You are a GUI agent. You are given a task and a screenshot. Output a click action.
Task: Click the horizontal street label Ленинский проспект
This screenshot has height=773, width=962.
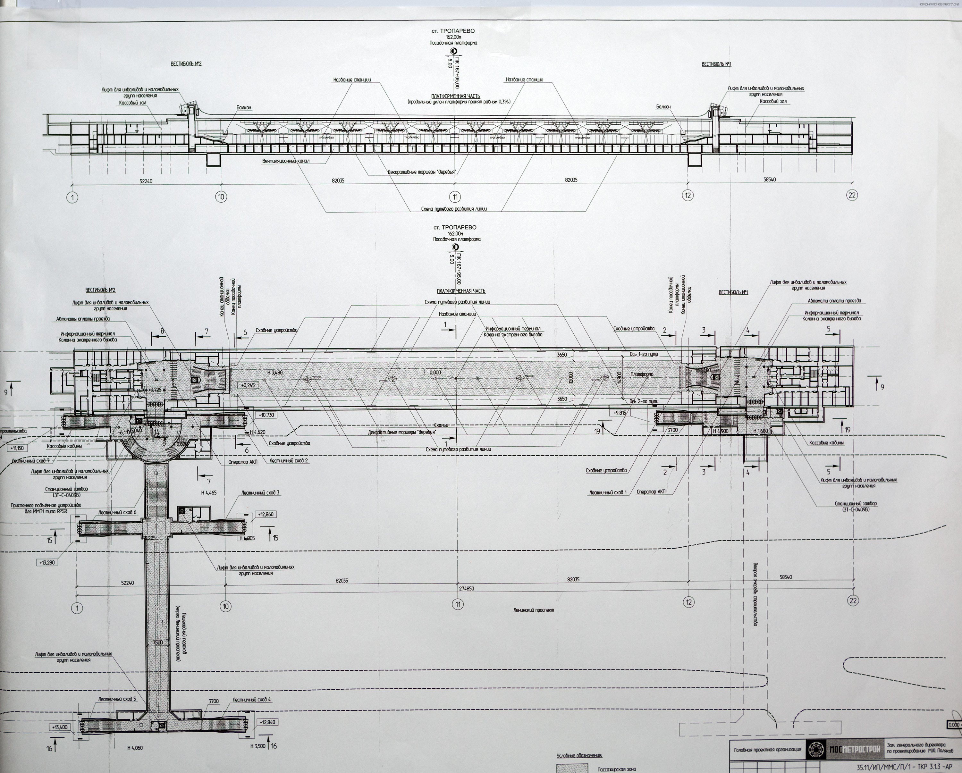click(533, 610)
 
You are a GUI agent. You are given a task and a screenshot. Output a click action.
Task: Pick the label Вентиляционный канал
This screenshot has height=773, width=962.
click(286, 161)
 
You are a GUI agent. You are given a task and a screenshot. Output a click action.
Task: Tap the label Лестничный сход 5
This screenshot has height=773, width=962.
click(117, 699)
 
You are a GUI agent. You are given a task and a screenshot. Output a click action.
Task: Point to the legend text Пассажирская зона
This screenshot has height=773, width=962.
click(616, 769)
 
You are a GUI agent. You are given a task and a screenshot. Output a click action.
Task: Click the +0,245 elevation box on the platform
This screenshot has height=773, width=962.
click(247, 385)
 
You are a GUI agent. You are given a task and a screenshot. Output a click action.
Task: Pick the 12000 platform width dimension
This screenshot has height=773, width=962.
click(571, 378)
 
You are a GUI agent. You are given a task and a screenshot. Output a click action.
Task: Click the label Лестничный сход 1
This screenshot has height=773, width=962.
click(608, 493)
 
